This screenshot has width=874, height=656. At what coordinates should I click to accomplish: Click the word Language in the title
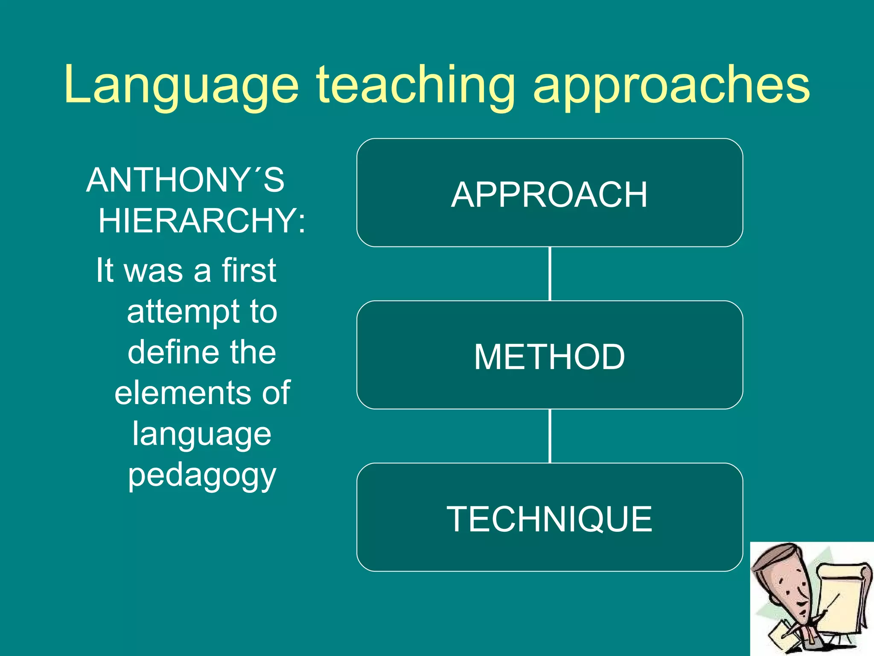181,85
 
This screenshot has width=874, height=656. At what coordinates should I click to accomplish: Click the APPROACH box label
549,195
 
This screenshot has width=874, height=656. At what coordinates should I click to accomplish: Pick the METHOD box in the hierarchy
549,357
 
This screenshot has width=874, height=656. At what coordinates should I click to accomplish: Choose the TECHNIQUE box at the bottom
549,518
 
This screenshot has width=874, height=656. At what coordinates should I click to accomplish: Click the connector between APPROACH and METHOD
550,274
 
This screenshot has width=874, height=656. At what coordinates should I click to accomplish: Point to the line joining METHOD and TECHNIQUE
550,436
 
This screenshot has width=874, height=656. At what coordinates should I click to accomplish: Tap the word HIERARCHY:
202,221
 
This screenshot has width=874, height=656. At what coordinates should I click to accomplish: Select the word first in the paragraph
249,270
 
